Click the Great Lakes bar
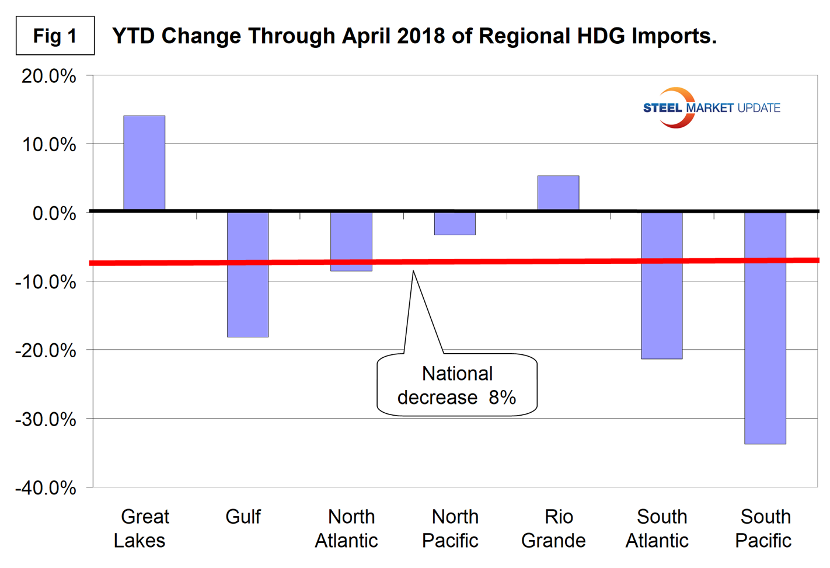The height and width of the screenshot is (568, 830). pos(144,163)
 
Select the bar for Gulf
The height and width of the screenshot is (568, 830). pos(247,274)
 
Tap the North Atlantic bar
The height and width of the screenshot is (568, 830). pos(351,241)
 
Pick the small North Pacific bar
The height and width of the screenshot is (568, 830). pos(455,224)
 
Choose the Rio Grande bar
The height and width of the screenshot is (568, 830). pos(558,193)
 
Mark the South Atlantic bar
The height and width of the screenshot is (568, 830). pos(661,285)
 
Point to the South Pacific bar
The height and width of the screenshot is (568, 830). pos(765,327)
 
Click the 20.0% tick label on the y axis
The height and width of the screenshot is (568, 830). pos(49,76)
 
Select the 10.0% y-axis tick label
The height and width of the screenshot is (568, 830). pos(49,145)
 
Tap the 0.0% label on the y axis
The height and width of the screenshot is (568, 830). pos(54,214)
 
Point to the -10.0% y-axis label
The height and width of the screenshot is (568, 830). pos(46,282)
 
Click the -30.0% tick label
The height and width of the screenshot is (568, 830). pos(46,419)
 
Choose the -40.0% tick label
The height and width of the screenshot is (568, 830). pos(46,488)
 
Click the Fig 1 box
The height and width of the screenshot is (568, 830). pos(55,36)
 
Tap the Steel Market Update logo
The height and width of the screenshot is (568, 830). pos(711,108)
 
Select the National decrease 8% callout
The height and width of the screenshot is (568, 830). pos(456,385)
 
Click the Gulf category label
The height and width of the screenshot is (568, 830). pos(243,517)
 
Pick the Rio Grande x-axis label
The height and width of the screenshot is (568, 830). pos(553,529)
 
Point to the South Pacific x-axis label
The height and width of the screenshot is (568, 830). pos(763,529)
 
